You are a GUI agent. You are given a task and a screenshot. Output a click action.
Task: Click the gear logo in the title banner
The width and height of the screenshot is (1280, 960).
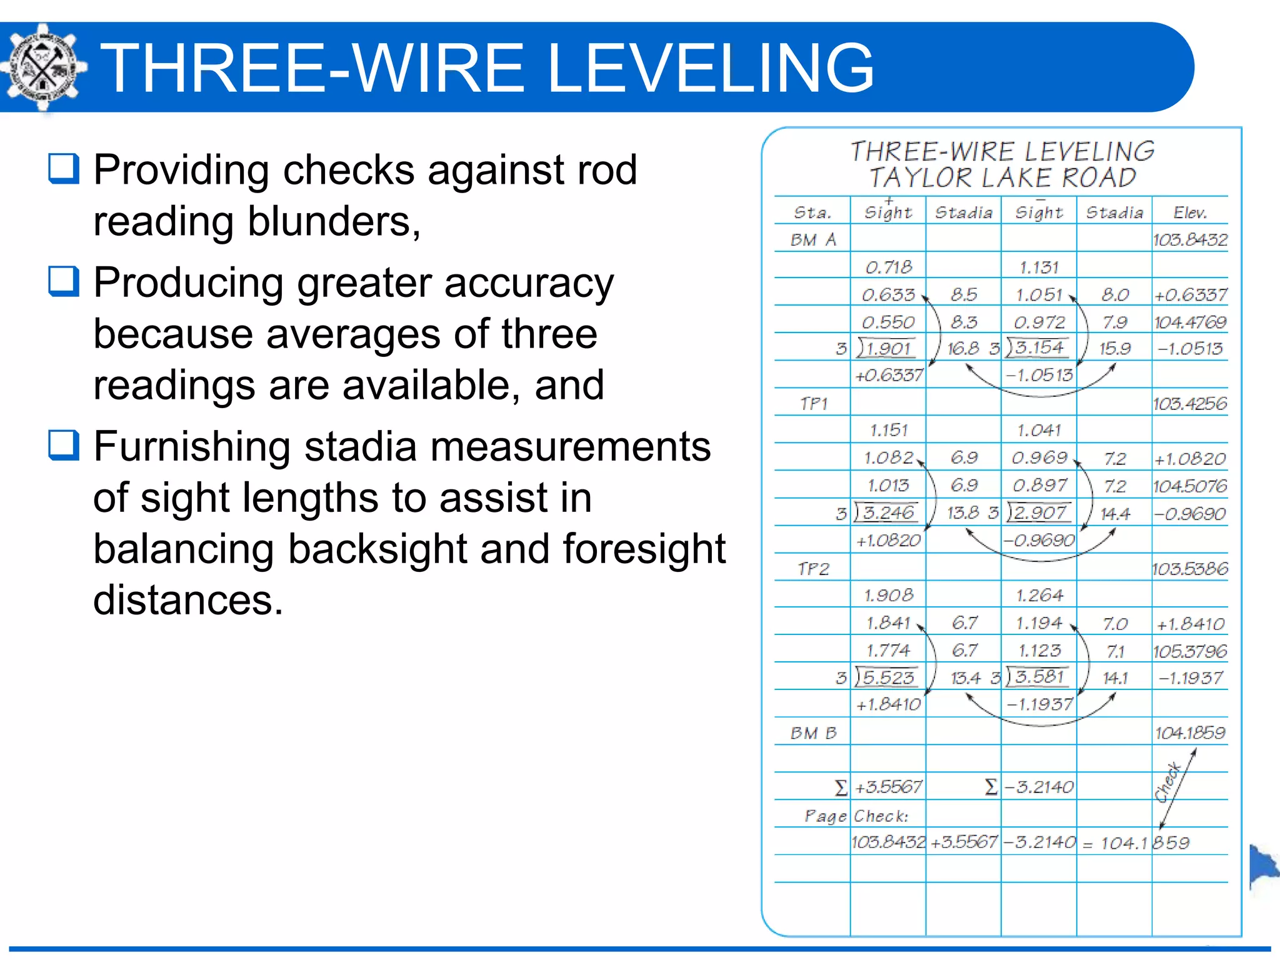tap(42, 67)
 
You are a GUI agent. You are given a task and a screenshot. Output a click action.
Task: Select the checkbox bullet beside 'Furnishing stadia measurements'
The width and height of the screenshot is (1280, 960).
tap(64, 446)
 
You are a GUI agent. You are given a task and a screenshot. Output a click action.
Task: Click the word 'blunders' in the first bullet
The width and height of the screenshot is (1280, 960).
tap(334, 221)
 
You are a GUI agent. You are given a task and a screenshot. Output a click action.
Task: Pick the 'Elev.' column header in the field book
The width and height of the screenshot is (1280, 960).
tap(1189, 212)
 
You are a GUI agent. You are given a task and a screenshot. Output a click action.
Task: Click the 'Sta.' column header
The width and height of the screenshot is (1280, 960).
tap(812, 212)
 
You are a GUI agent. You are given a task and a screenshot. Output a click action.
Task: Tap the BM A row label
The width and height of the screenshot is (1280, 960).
tap(812, 240)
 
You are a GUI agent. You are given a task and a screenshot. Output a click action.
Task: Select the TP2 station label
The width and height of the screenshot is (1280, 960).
tap(813, 569)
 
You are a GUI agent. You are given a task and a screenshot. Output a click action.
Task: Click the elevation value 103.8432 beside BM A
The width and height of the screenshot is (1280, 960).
tap(1189, 240)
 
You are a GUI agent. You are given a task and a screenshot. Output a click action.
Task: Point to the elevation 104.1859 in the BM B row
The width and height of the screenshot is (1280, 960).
tap(1189, 732)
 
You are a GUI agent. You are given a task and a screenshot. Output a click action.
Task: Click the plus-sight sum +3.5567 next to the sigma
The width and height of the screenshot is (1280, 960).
tap(888, 787)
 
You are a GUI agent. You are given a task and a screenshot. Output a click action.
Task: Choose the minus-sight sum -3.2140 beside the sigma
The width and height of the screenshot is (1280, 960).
tap(1039, 787)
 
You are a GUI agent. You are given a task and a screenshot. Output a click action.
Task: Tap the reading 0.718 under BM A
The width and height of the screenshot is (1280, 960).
tap(888, 267)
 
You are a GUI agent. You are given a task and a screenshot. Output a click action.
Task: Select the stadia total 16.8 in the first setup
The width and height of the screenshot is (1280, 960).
tap(962, 349)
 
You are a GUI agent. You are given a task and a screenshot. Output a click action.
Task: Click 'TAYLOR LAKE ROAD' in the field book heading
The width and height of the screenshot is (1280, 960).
tap(1002, 178)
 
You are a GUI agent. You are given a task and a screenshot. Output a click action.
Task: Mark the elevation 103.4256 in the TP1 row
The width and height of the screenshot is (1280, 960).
tap(1189, 404)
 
